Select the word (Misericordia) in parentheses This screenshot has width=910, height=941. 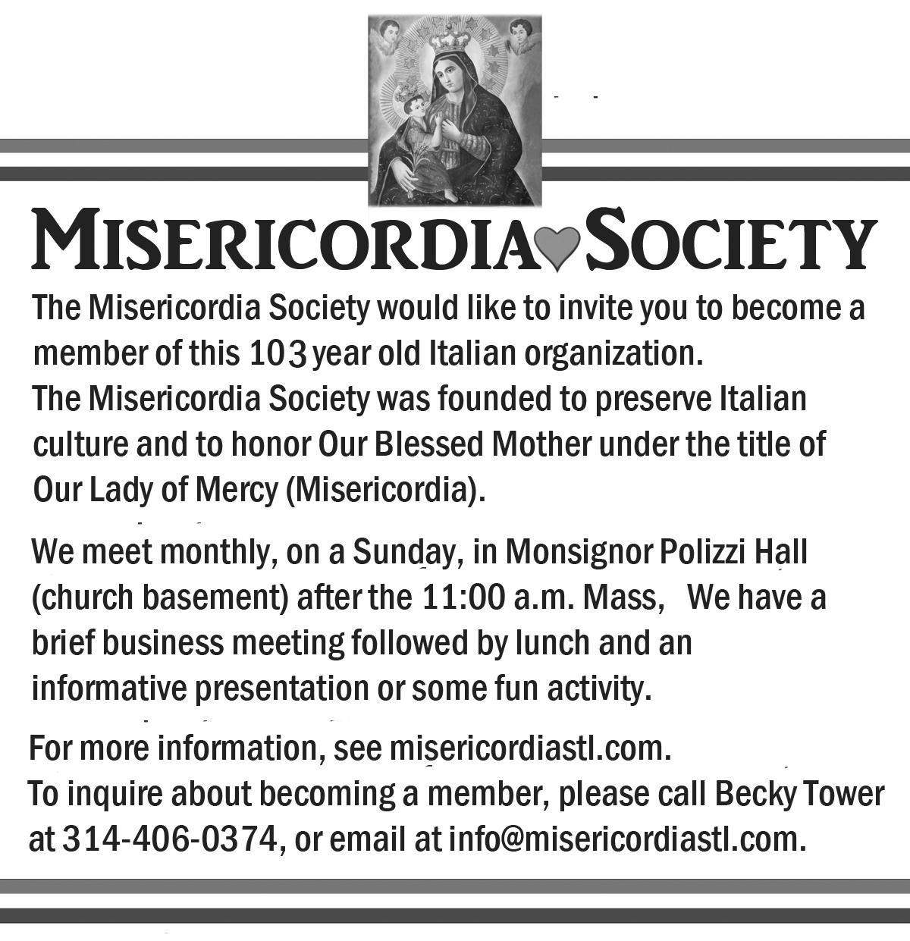tap(384, 491)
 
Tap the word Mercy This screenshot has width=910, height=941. tap(237, 491)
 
